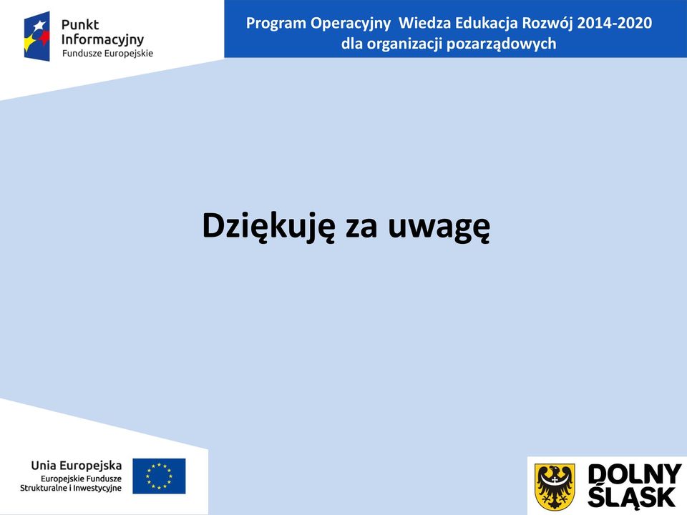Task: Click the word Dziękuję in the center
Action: click(x=268, y=226)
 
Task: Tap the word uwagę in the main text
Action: click(x=439, y=227)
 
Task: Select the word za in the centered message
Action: click(x=361, y=229)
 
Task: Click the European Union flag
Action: click(x=159, y=476)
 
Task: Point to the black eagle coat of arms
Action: click(x=555, y=486)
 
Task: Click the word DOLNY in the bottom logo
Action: click(x=634, y=475)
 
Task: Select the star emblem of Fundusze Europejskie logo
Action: click(x=36, y=36)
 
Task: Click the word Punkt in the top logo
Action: click(x=80, y=24)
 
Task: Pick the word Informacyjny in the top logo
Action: click(x=102, y=40)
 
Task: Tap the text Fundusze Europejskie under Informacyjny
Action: click(x=108, y=54)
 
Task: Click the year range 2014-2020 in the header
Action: click(x=614, y=23)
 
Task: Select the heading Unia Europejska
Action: click(x=77, y=466)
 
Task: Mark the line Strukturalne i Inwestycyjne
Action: click(x=71, y=488)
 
